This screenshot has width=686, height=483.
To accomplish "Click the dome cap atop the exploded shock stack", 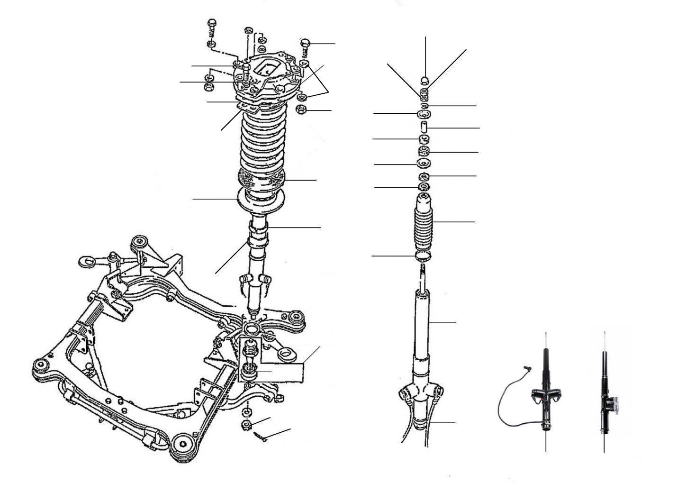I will click(425, 79).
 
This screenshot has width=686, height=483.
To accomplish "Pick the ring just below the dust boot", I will click(424, 256).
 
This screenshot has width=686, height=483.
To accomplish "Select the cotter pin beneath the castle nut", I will click(260, 436).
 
